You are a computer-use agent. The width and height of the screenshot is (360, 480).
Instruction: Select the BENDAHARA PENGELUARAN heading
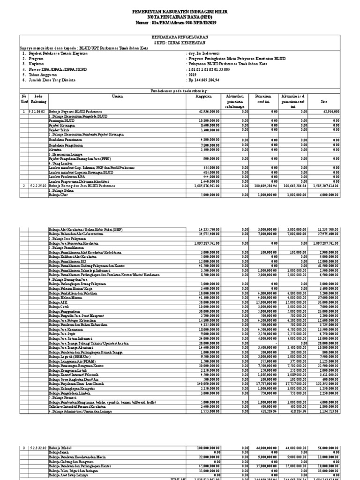point(180,36)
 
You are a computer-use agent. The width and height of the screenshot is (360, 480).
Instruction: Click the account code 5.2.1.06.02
point(37,112)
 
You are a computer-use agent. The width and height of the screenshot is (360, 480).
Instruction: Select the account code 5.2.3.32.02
point(37,448)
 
